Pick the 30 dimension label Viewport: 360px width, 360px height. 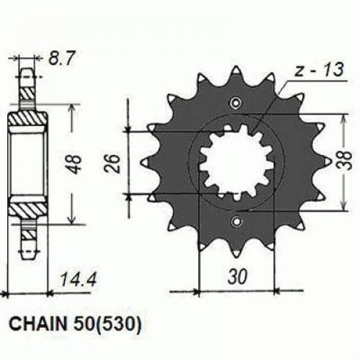click(236, 276)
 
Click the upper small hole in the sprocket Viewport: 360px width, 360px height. click(235, 102)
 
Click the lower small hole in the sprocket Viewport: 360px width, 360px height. click(235, 222)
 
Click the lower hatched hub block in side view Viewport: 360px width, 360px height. click(28, 210)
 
